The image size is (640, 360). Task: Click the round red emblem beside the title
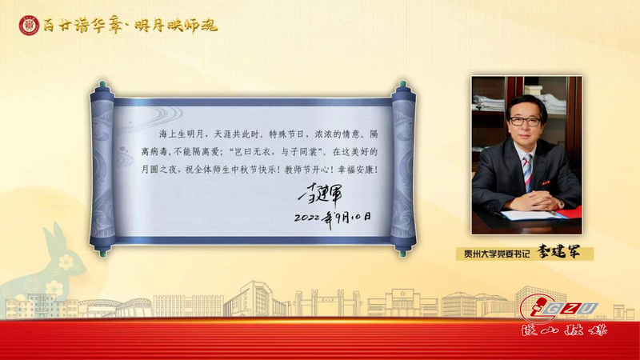tap(29, 26)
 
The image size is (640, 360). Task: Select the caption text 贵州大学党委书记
tap(497, 254)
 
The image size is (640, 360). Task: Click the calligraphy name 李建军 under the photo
tap(558, 252)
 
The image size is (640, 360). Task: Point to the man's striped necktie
tap(528, 172)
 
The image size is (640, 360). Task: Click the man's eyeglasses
tap(526, 122)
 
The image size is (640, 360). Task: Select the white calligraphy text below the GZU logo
tap(565, 330)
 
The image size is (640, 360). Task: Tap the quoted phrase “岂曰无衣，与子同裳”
tap(278, 152)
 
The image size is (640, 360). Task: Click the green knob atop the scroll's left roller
tap(102, 84)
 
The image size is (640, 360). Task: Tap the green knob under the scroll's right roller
tap(403, 254)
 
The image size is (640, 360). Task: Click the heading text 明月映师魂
tap(176, 26)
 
